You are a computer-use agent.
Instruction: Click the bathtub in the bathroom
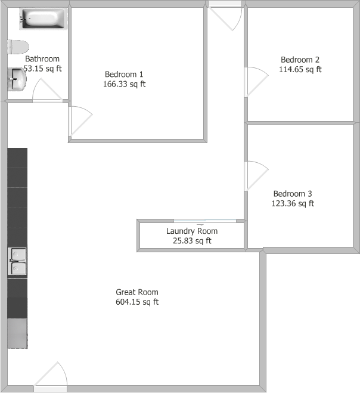tap(44, 19)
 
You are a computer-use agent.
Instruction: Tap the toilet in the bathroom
tap(18, 47)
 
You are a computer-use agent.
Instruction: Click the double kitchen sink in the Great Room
tap(17, 261)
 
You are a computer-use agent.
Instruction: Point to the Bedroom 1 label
tap(124, 74)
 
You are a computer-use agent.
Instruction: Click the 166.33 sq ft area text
tap(124, 84)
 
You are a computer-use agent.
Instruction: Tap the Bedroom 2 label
tap(300, 60)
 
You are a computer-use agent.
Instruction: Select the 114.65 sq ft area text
tap(300, 69)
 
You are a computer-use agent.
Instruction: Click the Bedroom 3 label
tap(293, 194)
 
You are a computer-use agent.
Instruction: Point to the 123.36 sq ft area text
tap(293, 203)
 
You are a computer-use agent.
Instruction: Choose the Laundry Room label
tap(192, 231)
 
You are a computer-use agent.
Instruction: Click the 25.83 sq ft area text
tap(192, 241)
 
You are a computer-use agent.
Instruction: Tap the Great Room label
tap(137, 292)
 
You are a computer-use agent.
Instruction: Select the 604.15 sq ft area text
tap(137, 302)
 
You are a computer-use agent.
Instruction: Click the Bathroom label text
tap(42, 58)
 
